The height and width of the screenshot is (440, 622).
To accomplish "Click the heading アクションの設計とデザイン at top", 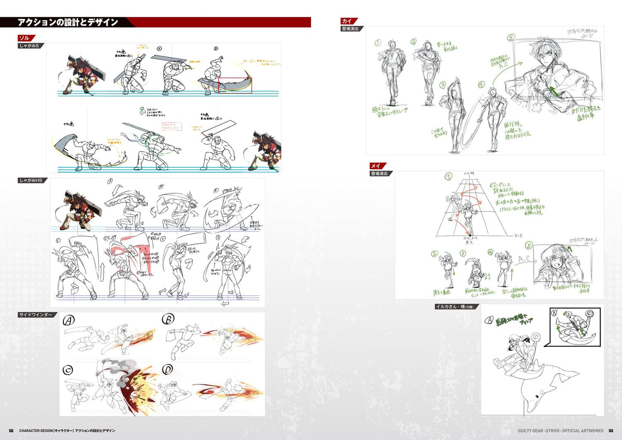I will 68,22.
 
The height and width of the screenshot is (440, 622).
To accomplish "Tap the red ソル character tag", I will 25,38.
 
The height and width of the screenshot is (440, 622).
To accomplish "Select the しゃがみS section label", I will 29,46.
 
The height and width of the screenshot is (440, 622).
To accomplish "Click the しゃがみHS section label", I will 31,180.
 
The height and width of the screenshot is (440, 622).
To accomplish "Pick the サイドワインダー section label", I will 36,315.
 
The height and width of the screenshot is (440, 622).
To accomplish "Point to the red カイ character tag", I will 347,21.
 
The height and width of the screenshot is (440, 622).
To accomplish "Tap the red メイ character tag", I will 376,166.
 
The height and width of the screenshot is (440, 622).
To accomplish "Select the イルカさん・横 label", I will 455,307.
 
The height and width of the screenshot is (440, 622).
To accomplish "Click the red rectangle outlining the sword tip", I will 235,85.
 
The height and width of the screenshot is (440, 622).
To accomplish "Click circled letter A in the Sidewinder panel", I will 69,320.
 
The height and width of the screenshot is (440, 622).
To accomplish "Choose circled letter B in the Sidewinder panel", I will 168,319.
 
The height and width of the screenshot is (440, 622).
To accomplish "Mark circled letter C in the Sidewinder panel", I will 68,370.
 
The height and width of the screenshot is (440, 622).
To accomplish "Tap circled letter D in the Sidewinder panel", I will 168,369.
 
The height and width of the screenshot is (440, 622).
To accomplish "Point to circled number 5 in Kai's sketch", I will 511,37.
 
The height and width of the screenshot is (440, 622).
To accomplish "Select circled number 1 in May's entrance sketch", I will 449,177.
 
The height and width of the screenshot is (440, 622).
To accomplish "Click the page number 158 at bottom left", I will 11,431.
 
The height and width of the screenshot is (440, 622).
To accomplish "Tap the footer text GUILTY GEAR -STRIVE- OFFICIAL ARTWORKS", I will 560,431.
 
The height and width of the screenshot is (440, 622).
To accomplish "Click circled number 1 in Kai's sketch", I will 378,43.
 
